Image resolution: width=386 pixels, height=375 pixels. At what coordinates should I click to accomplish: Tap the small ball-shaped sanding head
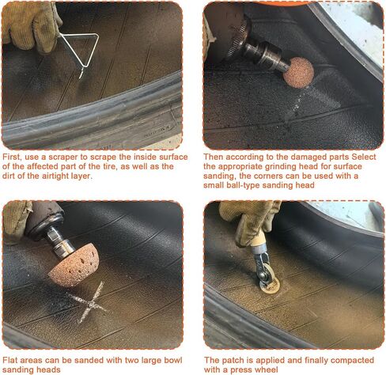tap(298, 73)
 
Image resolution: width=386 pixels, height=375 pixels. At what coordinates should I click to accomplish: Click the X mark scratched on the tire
tap(89, 303)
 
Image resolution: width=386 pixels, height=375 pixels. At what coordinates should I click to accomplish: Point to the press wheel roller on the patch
tap(267, 277)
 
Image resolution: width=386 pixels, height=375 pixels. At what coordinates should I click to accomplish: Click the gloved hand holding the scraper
tap(30, 26)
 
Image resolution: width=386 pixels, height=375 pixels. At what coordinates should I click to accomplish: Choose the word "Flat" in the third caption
tap(9, 360)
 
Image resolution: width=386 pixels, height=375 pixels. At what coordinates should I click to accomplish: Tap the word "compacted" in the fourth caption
tap(354, 360)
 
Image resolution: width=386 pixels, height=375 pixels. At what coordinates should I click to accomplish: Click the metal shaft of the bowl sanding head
tap(59, 241)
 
